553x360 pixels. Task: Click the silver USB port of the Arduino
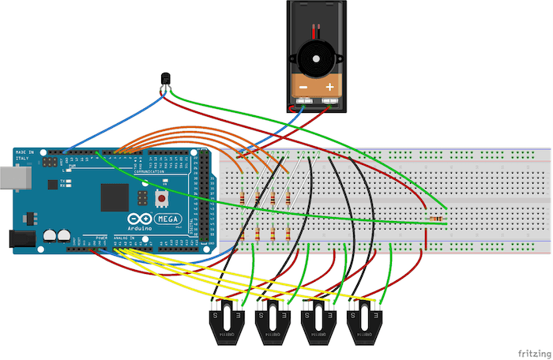pyautogui.click(x=6, y=179)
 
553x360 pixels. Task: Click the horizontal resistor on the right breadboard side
pyautogui.click(x=436, y=217)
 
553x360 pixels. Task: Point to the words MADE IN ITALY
pyautogui.click(x=24, y=156)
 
